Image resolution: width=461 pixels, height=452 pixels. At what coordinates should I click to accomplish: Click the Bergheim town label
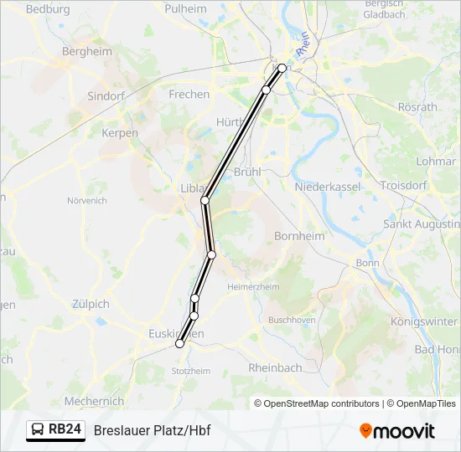pyautogui.click(x=87, y=51)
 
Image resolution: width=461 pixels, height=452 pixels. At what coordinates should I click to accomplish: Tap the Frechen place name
pyautogui.click(x=189, y=95)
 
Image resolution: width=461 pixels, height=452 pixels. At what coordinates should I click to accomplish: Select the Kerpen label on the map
pyautogui.click(x=120, y=133)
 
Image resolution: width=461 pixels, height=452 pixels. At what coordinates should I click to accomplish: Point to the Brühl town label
pyautogui.click(x=249, y=171)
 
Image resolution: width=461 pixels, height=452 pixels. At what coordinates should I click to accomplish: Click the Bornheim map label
pyautogui.click(x=299, y=236)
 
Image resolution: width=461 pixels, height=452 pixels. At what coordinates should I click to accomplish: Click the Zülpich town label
pyautogui.click(x=91, y=304)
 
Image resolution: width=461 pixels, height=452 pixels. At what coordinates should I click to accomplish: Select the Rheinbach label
pyautogui.click(x=274, y=367)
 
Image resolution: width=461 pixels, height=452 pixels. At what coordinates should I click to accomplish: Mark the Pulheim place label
pyautogui.click(x=185, y=8)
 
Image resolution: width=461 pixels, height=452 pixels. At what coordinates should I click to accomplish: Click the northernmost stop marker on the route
pyautogui.click(x=282, y=69)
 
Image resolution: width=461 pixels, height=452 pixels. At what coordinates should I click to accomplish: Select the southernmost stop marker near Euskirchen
pyautogui.click(x=179, y=344)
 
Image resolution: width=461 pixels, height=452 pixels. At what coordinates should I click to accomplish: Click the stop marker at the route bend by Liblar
pyautogui.click(x=205, y=200)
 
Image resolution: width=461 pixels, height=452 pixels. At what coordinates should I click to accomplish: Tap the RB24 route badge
pyautogui.click(x=56, y=430)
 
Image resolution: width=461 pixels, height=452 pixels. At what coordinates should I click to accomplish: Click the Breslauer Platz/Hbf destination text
pyautogui.click(x=152, y=431)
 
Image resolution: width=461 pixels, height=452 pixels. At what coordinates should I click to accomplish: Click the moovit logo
pyautogui.click(x=397, y=431)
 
